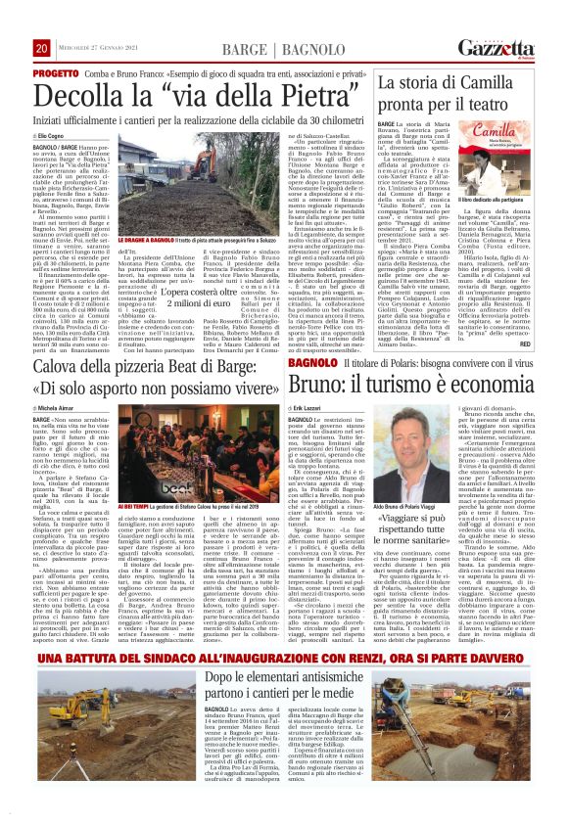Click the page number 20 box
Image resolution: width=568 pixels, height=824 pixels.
click(x=42, y=48)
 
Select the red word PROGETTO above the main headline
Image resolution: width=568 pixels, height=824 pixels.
click(x=56, y=73)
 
